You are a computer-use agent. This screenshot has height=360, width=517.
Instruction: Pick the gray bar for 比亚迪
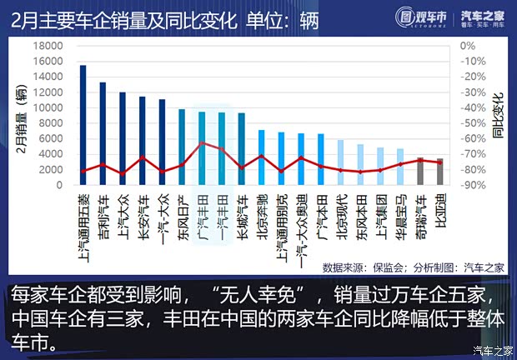(440, 172)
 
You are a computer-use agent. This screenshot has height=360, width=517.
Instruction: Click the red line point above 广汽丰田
(202, 143)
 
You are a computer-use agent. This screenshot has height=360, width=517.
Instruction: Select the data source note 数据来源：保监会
(363, 267)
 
